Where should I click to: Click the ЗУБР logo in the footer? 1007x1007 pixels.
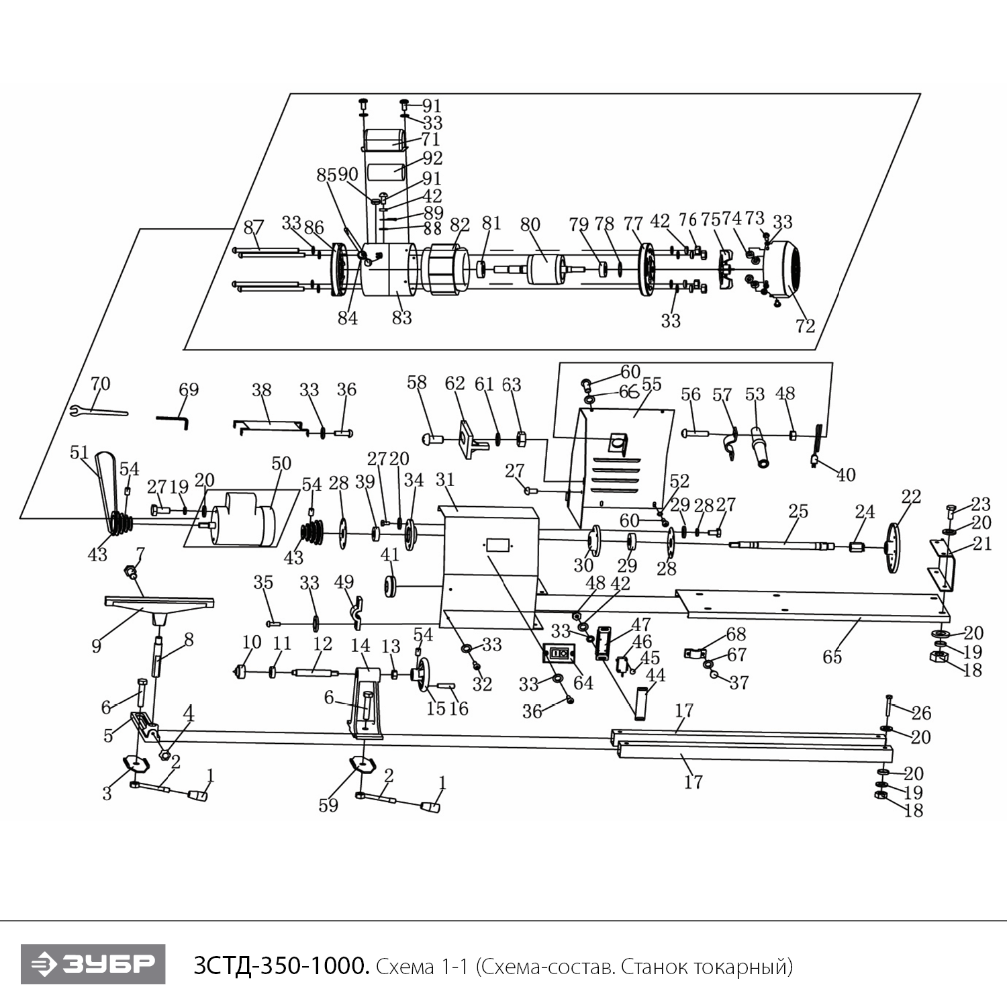[x=93, y=964]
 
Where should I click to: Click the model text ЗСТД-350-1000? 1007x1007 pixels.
[x=281, y=966]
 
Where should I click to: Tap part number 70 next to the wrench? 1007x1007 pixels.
[x=100, y=384]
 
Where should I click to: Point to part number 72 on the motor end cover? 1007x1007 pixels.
[x=805, y=326]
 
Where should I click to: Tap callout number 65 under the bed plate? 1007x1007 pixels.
[x=832, y=657]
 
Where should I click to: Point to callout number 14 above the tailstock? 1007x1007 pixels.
[x=361, y=646]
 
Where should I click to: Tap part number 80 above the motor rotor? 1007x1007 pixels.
[x=530, y=224]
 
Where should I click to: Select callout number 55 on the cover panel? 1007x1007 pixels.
[x=651, y=384]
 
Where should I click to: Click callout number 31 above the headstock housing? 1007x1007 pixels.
[x=445, y=480]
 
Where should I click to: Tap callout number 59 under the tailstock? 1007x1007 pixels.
[x=328, y=805]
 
